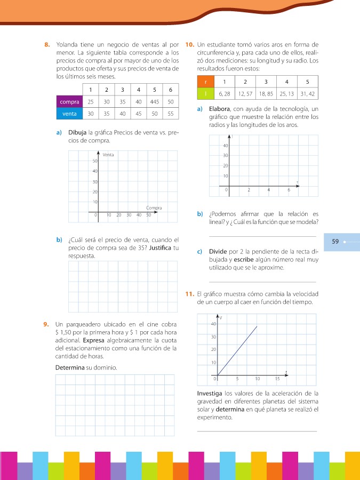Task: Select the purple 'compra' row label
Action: [x=69, y=101]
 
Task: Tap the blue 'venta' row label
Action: [x=69, y=113]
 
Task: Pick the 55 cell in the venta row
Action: [x=170, y=113]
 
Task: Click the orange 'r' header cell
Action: [x=205, y=82]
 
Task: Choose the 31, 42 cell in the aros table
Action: [x=307, y=93]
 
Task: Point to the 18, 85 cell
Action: [x=266, y=93]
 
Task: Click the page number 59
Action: [x=335, y=241]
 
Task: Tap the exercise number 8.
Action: [x=47, y=44]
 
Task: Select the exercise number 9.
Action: [x=47, y=324]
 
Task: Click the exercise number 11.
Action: [x=189, y=294]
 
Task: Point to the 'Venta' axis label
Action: [x=108, y=155]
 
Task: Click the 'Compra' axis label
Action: [x=154, y=207]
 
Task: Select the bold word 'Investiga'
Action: [x=213, y=394]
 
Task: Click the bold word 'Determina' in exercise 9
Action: [x=70, y=367]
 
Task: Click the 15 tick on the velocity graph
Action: [x=277, y=379]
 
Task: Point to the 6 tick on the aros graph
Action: [x=289, y=190]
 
